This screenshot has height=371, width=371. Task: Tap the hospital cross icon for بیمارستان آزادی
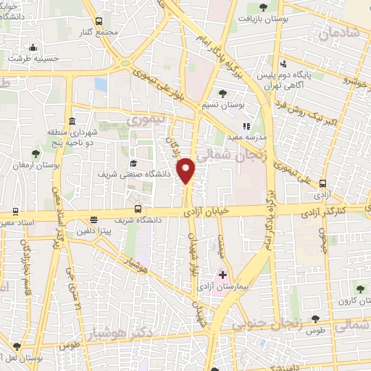[222, 275]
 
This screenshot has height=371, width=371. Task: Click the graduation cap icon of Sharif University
[133, 164]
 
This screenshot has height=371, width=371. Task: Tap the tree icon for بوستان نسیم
[222, 93]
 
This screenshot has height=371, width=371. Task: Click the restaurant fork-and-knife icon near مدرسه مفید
[246, 125]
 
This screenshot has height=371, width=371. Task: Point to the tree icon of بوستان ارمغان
[36, 152]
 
